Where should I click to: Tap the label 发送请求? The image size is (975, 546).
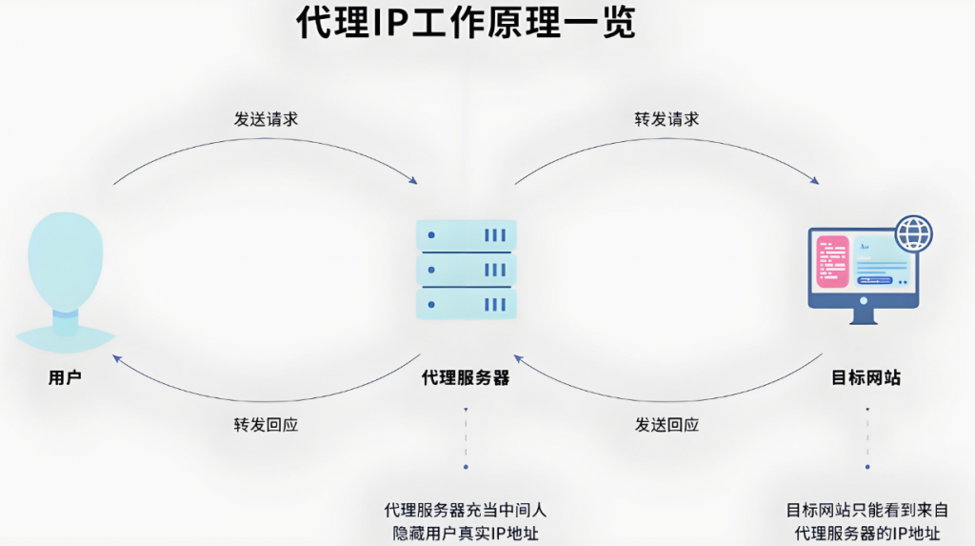266,119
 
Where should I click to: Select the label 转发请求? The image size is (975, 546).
667,119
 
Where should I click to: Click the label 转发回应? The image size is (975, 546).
266,425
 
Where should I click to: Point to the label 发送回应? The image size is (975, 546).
667,425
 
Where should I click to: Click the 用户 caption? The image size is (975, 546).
65,378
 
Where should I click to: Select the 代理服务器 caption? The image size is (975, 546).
466,378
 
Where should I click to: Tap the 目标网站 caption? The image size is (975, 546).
866,378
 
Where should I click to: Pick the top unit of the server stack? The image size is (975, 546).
467,234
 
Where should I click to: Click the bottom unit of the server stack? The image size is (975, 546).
467,304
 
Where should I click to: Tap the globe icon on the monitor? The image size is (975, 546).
914,233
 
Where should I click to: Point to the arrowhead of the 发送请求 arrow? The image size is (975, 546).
413,180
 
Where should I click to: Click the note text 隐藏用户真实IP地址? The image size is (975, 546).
466,533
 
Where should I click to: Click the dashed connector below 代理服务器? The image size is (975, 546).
466,438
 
